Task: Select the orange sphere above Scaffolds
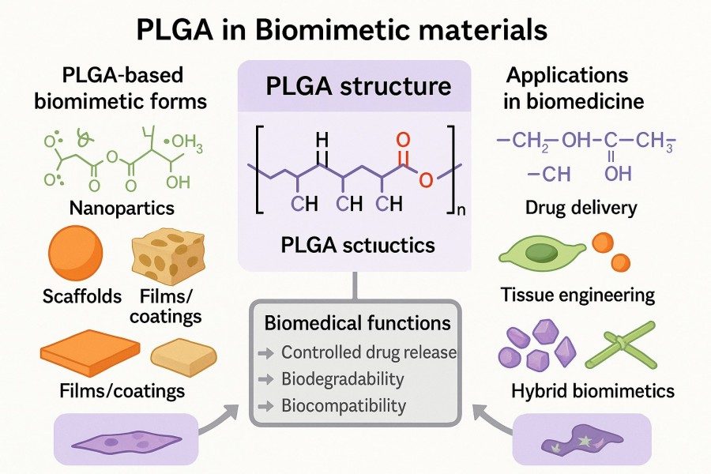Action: coord(76,254)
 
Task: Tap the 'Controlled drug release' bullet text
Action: coord(368,352)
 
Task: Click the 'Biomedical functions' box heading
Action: coord(357,323)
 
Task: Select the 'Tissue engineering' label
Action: coord(577,295)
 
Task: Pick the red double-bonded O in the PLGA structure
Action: coord(403,141)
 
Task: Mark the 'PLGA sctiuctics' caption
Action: coord(358,246)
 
